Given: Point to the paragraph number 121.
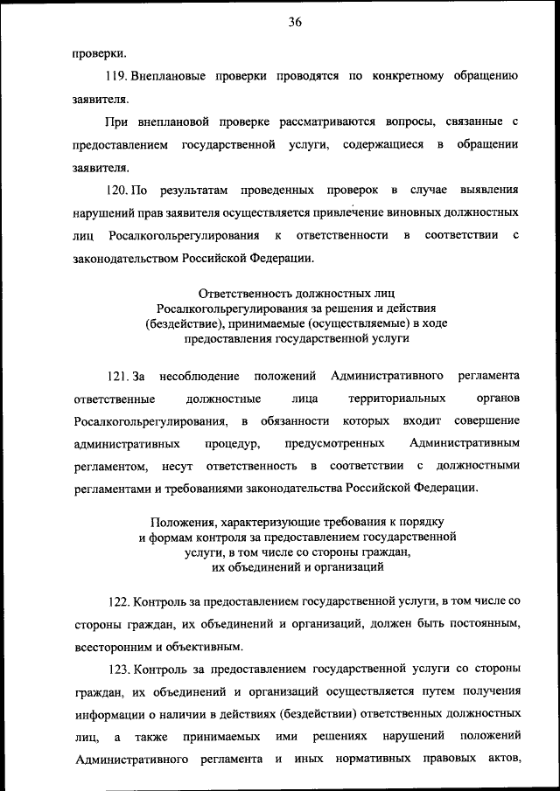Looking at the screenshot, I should [x=118, y=376].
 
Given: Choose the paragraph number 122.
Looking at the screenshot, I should [x=118, y=601].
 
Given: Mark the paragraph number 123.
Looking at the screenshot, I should [x=118, y=670].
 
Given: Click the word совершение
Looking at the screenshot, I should [x=486, y=421].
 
